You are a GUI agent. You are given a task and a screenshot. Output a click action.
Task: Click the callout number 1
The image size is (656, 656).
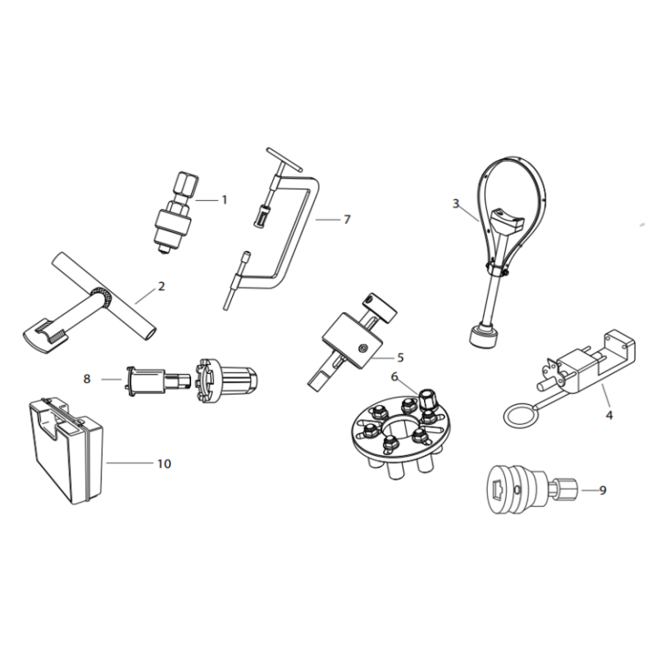click(x=224, y=200)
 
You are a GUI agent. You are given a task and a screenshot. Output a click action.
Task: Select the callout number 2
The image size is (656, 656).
click(x=162, y=286)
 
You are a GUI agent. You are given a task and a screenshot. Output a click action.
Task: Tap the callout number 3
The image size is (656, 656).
click(x=456, y=203)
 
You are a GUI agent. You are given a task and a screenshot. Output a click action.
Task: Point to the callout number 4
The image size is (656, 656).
click(x=609, y=415)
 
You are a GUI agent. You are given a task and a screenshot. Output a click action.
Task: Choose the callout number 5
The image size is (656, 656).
click(x=400, y=358)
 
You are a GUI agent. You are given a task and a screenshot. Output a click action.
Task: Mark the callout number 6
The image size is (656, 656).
click(x=394, y=377)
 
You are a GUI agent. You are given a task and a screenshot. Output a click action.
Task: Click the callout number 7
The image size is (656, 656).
click(x=347, y=220)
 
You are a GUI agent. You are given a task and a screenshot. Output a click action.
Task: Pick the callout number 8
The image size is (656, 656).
click(x=87, y=379)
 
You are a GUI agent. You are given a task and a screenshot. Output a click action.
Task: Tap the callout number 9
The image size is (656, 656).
click(x=603, y=490)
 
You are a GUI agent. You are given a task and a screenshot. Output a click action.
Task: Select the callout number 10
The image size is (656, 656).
click(x=164, y=463)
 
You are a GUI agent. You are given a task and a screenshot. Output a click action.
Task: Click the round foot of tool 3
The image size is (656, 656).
click(x=483, y=335)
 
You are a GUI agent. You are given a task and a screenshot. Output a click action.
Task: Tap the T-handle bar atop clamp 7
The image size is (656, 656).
click(x=284, y=159)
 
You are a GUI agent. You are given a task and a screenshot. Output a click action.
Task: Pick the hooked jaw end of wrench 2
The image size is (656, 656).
click(x=44, y=335)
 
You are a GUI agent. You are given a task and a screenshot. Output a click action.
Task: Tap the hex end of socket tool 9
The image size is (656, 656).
click(x=567, y=489)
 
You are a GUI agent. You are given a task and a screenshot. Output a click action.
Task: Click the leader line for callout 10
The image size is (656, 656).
click(x=130, y=462)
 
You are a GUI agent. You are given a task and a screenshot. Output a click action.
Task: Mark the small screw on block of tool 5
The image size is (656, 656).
click(x=362, y=348)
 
